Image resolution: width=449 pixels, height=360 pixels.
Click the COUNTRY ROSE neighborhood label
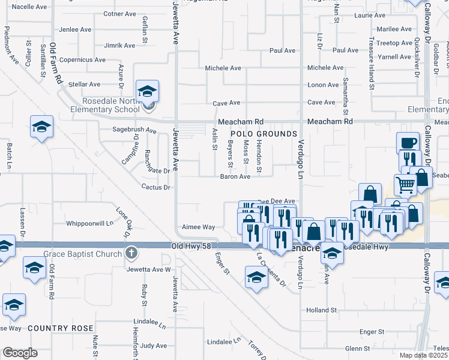[x=61, y=328]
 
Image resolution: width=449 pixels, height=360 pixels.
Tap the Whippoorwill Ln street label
[x=89, y=223]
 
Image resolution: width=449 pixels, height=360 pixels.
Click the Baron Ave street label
[x=235, y=176]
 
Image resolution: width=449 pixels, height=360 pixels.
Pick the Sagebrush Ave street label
[x=135, y=129]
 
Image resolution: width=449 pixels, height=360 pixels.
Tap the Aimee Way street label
[x=198, y=227]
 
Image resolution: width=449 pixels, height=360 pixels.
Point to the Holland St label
[x=322, y=310]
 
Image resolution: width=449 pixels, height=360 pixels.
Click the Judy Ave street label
[x=153, y=346]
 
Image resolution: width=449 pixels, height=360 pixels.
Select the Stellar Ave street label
[x=84, y=85]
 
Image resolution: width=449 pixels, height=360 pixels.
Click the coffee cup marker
[x=408, y=143]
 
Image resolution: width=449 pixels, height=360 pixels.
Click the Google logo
[x=20, y=353]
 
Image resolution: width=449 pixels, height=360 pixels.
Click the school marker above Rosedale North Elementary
[x=147, y=91]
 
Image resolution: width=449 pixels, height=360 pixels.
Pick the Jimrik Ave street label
[x=120, y=46]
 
